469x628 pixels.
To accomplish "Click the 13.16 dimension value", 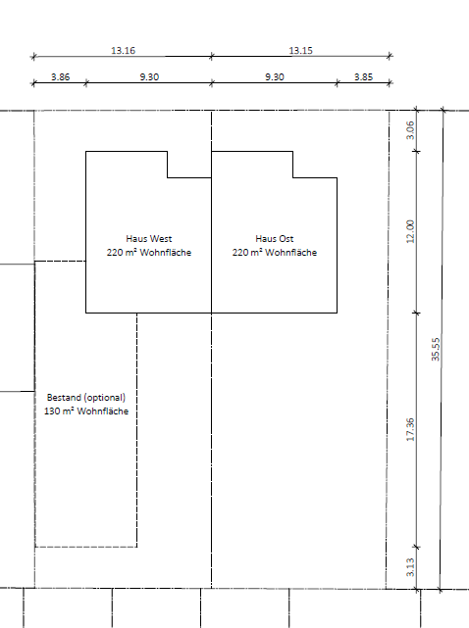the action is [124, 51].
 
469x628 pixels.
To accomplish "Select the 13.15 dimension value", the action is [300, 51].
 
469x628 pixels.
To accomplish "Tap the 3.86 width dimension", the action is [60, 76].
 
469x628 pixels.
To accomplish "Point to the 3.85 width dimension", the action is [363, 76].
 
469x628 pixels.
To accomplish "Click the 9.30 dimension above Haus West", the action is [149, 76].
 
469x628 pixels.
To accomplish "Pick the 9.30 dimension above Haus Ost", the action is [275, 76].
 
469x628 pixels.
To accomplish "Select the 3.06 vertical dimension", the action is [410, 130].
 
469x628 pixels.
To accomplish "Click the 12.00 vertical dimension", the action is [410, 231].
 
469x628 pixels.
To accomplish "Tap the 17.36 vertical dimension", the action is [410, 429].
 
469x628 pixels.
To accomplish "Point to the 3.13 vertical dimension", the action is [410, 567].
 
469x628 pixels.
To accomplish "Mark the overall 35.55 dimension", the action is [436, 349].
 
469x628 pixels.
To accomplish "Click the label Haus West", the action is [149, 239].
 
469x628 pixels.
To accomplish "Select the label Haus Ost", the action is [275, 239].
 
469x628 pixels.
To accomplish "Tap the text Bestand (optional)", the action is [86, 398].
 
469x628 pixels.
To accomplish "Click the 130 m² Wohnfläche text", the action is [86, 411].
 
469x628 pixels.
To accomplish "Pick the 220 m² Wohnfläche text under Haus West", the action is [149, 253].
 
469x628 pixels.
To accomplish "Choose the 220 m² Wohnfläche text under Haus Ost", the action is [275, 253].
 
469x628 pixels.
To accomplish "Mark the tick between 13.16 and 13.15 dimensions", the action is [211, 57].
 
